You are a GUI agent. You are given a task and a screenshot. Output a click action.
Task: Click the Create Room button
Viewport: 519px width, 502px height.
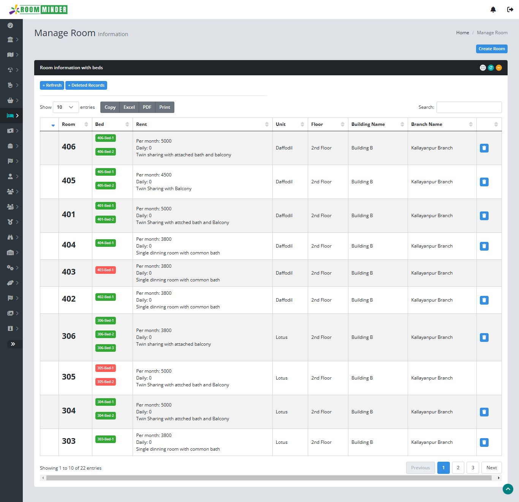click(492, 49)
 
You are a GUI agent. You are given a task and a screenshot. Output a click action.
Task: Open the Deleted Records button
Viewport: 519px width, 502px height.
click(86, 85)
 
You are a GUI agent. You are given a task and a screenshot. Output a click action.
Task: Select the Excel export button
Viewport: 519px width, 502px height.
click(129, 107)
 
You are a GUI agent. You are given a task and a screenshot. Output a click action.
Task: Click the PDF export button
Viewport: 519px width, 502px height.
click(147, 107)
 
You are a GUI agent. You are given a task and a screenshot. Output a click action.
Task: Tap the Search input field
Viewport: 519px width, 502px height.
click(469, 107)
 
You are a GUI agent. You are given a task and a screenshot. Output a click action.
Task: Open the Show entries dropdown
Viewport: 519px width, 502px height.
click(66, 107)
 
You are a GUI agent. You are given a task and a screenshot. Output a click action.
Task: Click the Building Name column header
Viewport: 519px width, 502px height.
click(368, 124)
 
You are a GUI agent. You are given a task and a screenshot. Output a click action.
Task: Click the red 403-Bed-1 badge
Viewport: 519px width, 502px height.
click(106, 270)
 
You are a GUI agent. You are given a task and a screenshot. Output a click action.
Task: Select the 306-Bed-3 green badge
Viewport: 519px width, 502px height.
click(106, 348)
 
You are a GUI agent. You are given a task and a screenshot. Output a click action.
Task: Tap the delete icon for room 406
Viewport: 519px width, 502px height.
click(484, 148)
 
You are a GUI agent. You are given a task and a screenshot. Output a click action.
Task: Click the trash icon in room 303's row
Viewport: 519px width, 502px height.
click(484, 442)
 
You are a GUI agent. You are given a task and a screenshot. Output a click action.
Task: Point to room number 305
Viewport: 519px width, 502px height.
click(69, 377)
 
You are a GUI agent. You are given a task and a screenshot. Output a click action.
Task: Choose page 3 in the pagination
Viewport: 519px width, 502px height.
click(473, 468)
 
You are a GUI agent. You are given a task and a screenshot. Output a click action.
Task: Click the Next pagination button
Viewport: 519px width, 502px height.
click(491, 468)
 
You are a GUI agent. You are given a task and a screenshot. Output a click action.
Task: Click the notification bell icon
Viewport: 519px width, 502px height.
click(493, 10)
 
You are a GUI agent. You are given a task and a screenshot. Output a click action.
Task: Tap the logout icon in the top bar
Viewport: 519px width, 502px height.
click(510, 10)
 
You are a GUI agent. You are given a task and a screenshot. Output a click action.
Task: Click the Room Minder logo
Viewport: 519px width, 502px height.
click(38, 10)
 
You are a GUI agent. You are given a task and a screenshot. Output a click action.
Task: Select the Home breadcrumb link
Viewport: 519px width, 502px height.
click(462, 33)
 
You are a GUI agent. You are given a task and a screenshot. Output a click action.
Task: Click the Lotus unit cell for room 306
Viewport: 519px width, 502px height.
click(282, 337)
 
